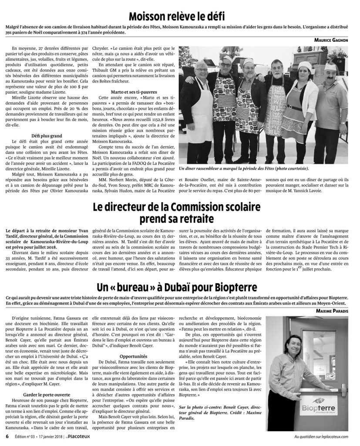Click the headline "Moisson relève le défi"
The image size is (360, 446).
[x=180, y=17]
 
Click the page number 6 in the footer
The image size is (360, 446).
[x=7, y=437]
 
